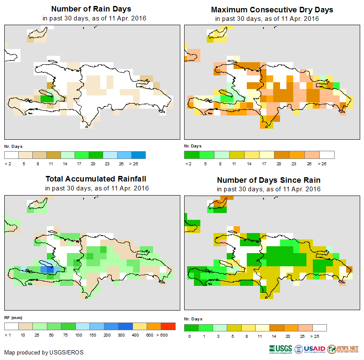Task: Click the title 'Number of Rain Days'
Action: pyautogui.click(x=91, y=9)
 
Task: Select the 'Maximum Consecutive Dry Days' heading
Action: pyautogui.click(x=272, y=9)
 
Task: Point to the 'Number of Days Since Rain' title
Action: pyautogui.click(x=269, y=180)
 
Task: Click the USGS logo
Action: pyautogui.click(x=280, y=349)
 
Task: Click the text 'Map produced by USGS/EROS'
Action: pyautogui.click(x=44, y=352)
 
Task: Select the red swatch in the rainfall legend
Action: pyautogui.click(x=168, y=326)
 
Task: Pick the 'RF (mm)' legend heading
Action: pyautogui.click(x=13, y=317)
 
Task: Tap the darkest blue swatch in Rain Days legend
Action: pyautogui.click(x=139, y=155)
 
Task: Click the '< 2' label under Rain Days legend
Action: pyautogui.click(x=8, y=164)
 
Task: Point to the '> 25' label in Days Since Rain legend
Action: pyautogui.click(x=320, y=336)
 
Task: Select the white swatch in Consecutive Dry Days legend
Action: pyautogui.click(x=327, y=155)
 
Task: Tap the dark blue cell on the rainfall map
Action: pyautogui.click(x=50, y=269)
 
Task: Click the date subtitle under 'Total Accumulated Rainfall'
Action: pyautogui.click(x=97, y=188)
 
